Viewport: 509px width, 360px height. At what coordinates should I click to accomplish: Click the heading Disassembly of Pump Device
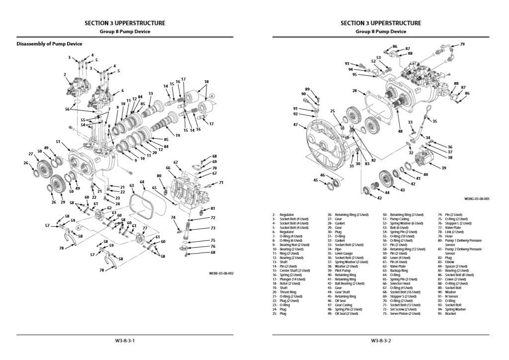pos(49,44)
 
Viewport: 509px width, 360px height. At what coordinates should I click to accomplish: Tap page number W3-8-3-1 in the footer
pos(125,341)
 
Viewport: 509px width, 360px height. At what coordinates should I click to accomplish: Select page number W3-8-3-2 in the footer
pos(381,341)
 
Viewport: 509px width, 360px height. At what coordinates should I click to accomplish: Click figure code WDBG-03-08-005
pos(477,198)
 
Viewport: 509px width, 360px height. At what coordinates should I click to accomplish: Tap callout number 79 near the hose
pos(462,44)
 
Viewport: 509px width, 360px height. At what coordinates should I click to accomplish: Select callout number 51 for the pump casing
pos(58,142)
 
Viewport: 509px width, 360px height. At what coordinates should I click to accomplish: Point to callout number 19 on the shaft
pos(177,135)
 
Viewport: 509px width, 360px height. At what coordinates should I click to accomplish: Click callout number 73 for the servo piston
pos(212,228)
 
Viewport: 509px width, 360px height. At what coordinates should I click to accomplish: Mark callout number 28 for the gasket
pos(354,90)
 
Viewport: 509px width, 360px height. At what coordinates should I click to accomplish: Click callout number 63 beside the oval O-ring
pos(132,185)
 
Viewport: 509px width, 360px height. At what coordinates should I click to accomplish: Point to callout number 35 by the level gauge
pos(434,121)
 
